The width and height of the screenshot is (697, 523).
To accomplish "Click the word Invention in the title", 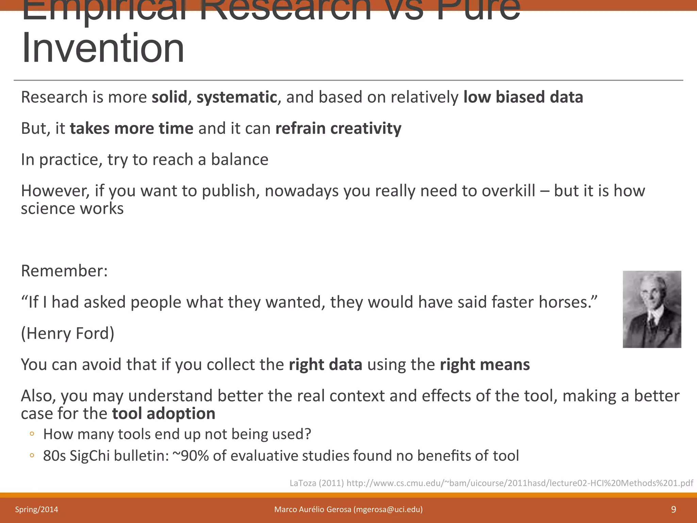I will (x=103, y=48).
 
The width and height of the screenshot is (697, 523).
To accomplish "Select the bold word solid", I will (x=169, y=97).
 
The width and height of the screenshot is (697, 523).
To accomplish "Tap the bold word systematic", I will (x=237, y=97).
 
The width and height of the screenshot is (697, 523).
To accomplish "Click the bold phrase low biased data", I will (x=523, y=97).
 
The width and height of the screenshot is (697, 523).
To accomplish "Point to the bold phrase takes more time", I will (x=132, y=129).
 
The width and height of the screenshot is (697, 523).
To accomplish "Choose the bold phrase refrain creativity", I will (x=338, y=129).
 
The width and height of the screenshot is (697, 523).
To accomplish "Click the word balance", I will (x=240, y=160).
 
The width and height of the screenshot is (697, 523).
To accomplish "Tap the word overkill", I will (x=508, y=191).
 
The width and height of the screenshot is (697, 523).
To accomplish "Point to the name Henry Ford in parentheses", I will (x=68, y=333).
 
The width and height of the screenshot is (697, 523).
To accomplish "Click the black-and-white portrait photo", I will (x=652, y=309).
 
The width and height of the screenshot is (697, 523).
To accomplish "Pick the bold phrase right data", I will (x=325, y=365).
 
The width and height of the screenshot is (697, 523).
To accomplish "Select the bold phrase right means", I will (x=485, y=365).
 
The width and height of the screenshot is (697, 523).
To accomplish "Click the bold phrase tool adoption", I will (x=164, y=414).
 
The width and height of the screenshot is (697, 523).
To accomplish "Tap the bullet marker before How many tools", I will (x=32, y=434).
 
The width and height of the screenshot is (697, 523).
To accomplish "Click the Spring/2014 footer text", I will (x=36, y=509).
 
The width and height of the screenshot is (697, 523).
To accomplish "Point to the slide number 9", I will (x=673, y=509).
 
